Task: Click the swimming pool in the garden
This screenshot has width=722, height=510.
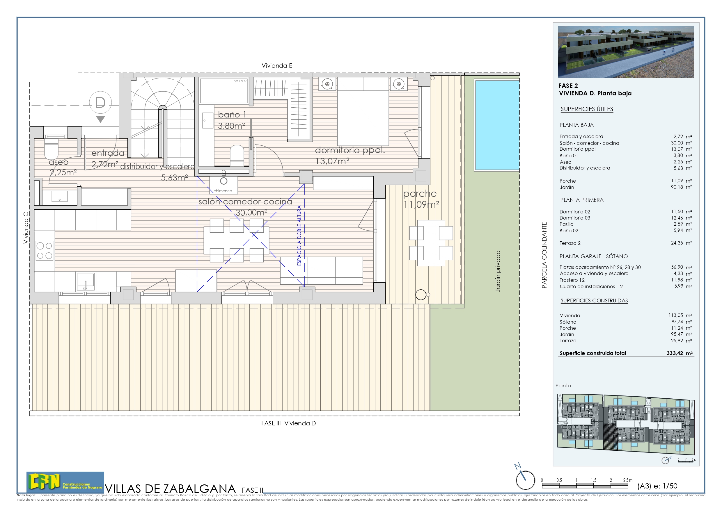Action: (496, 125)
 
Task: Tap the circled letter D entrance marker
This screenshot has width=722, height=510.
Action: (100, 102)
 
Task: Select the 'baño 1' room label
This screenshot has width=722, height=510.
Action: (232, 115)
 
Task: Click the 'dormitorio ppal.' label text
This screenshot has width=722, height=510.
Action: (350, 150)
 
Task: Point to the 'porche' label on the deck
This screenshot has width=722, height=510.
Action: (419, 194)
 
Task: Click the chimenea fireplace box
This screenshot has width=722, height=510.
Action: (223, 185)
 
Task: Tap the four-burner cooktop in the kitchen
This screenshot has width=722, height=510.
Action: (44, 251)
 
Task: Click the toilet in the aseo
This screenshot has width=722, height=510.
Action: (51, 150)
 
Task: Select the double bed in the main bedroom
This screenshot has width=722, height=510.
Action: (363, 112)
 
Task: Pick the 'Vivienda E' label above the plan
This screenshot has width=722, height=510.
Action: (277, 66)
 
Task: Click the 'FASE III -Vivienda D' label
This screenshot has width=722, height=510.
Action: (288, 423)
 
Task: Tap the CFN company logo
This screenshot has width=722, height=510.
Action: (65, 482)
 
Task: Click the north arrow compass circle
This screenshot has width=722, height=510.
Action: (525, 480)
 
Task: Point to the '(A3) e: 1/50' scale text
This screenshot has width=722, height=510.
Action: (657, 486)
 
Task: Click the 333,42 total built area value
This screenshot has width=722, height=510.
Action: (675, 353)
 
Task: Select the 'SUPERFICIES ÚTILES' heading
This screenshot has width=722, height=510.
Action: (586, 109)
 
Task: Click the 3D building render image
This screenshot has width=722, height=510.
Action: (626, 52)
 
